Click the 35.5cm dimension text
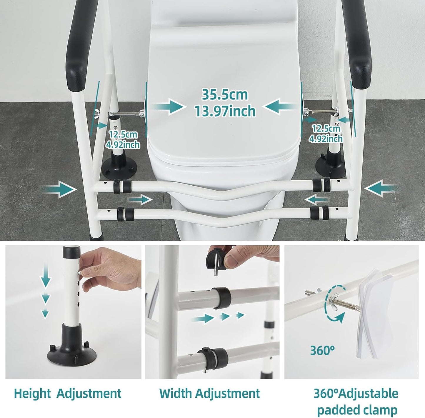click(x=225, y=95)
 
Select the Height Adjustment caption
click(x=68, y=374)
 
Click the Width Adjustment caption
click(x=209, y=374)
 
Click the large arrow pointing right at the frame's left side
click(x=59, y=189)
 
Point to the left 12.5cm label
click(x=123, y=134)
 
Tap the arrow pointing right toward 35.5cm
click(x=168, y=106)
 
